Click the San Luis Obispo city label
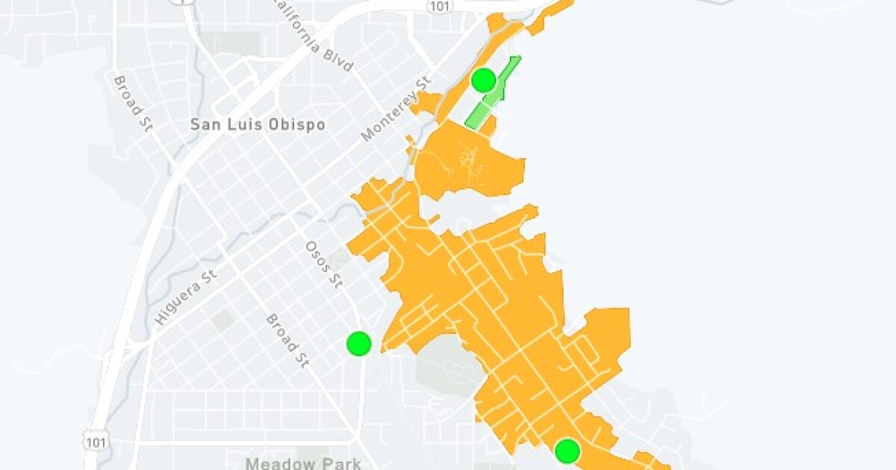point(258,125)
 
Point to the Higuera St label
point(185,297)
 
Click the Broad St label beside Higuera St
point(287,341)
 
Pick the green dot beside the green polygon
point(484,80)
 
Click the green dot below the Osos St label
point(359,343)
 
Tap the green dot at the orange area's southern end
point(567,451)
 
